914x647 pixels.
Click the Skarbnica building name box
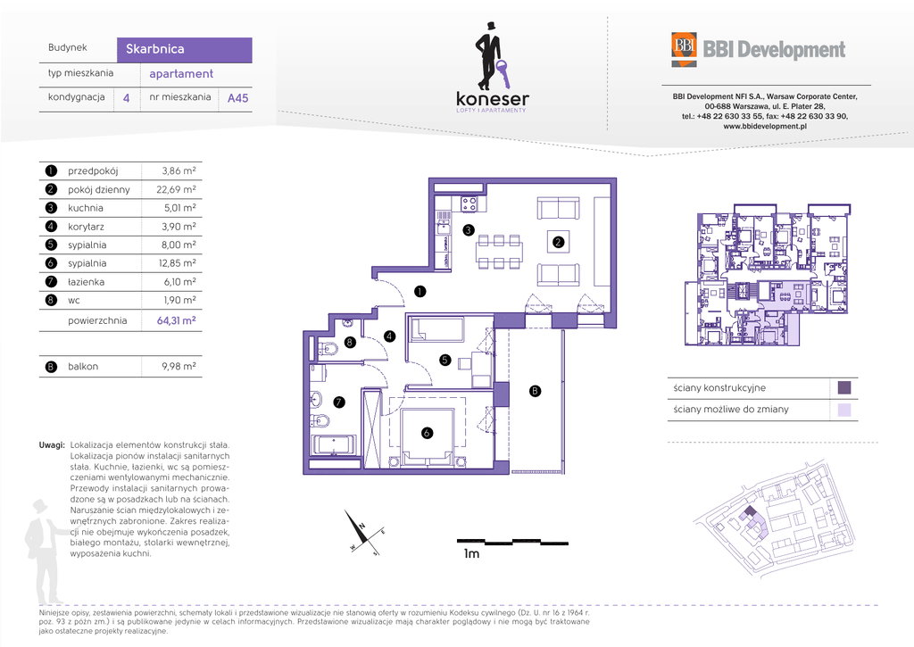184,50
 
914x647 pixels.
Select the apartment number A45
237,98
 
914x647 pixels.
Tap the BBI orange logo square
684,46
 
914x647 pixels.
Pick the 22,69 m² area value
176,189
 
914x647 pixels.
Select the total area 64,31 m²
176,320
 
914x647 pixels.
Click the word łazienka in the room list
87,282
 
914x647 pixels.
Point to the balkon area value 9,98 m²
179,367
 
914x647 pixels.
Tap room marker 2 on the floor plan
558,242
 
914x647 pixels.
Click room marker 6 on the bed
428,433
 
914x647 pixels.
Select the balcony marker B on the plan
535,391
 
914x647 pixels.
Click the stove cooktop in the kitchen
469,204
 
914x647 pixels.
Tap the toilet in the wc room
328,349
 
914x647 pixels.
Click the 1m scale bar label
471,553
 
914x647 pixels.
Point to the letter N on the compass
362,526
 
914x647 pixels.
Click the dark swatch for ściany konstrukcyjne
843,387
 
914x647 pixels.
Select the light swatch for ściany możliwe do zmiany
843,410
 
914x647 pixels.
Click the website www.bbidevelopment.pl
765,126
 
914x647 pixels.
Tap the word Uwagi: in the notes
52,445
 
